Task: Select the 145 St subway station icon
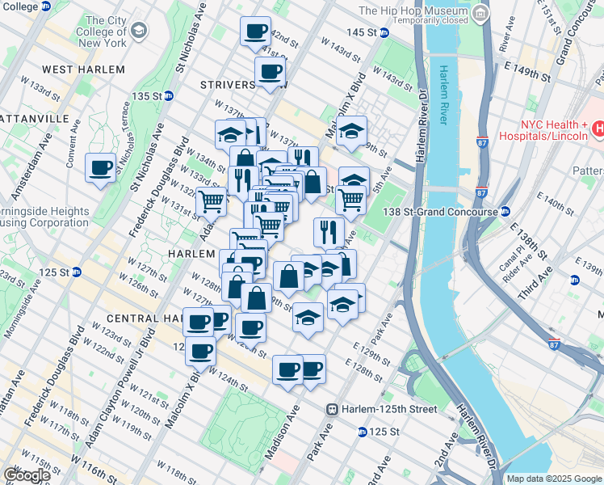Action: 384,32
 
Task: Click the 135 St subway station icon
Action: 169,95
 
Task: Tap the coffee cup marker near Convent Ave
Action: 101,168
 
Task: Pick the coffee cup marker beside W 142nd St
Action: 256,32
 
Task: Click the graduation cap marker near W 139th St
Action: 351,130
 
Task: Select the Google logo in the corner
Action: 26,475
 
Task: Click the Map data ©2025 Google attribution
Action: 554,479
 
